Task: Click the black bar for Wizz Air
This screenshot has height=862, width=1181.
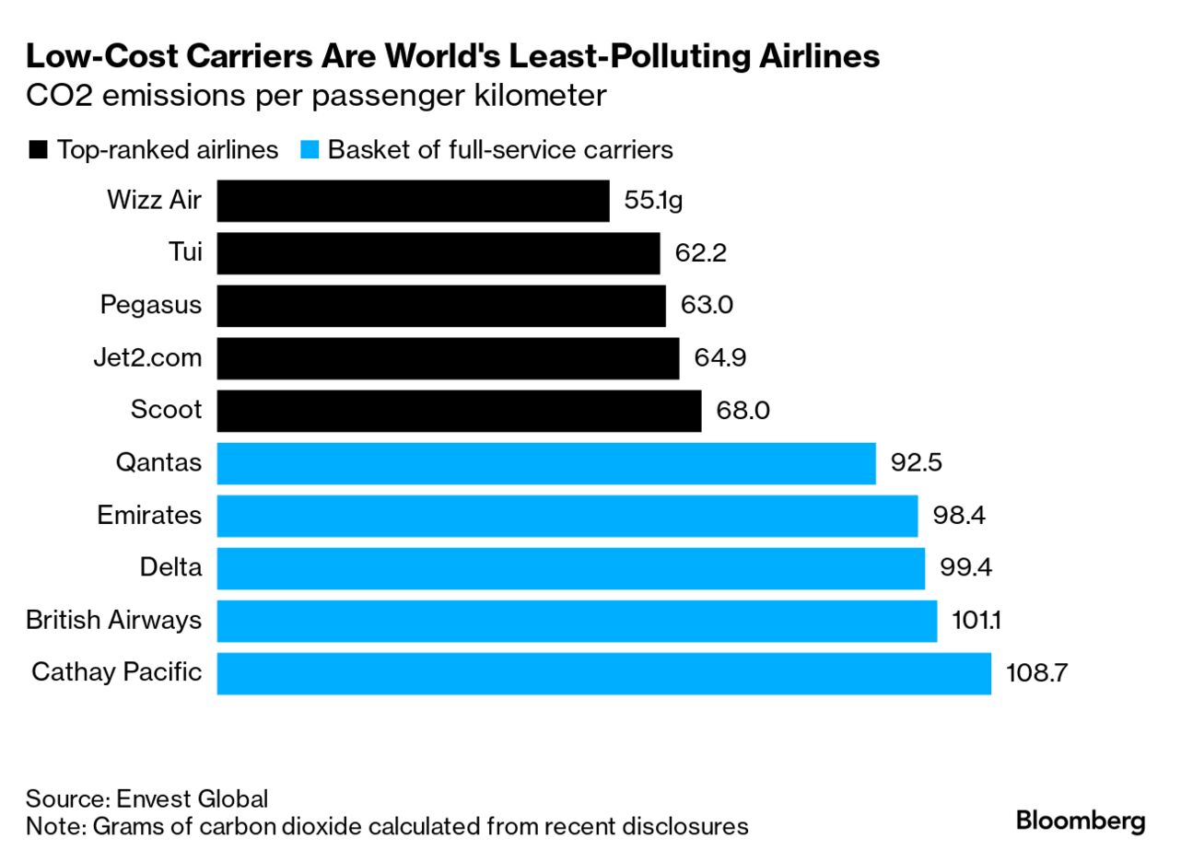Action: click(413, 201)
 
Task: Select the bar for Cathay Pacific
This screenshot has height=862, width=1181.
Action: click(603, 673)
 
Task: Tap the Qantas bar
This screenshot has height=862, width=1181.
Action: click(545, 463)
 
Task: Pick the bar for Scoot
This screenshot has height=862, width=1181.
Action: click(459, 411)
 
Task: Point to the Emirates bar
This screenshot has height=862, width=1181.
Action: click(567, 516)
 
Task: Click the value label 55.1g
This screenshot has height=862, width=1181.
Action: click(653, 201)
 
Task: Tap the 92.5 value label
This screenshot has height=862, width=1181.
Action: click(916, 463)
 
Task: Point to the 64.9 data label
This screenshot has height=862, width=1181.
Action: click(720, 358)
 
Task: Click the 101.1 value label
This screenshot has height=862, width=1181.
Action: click(976, 621)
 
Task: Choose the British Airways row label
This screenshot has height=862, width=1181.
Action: click(113, 620)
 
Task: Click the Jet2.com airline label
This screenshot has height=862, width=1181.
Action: click(147, 357)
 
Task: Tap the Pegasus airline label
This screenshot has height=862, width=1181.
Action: click(151, 306)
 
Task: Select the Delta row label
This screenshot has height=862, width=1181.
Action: click(170, 567)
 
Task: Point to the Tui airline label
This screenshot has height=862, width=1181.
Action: click(185, 252)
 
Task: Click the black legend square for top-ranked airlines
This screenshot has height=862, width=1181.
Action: click(38, 151)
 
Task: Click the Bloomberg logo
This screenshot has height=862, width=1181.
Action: click(1081, 821)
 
